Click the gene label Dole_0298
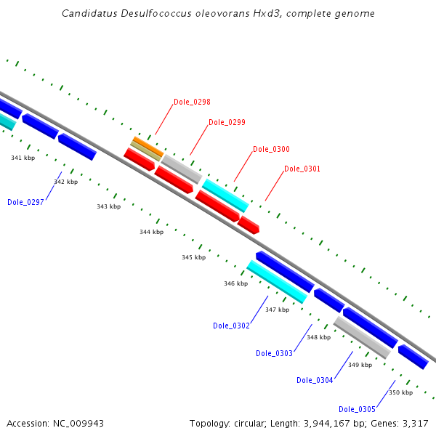[192, 102]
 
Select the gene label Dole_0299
[227, 122]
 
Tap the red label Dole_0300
[271, 149]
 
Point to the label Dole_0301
[302, 169]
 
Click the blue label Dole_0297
[25, 202]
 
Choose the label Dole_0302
[231, 326]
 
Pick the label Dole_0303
[274, 353]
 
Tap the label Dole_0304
[315, 380]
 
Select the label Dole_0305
[357, 408]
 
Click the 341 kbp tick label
[23, 157]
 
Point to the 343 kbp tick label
[108, 206]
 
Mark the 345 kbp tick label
[193, 257]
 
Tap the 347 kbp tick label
[277, 310]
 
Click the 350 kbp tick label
[400, 392]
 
